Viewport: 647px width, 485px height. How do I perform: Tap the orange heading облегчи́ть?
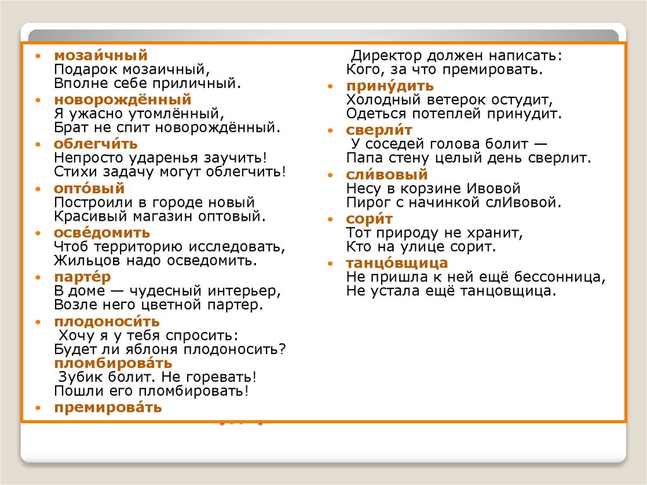pyautogui.click(x=95, y=144)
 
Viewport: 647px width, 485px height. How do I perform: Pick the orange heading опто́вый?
pyautogui.click(x=89, y=188)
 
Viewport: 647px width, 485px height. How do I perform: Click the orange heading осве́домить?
pyautogui.click(x=102, y=233)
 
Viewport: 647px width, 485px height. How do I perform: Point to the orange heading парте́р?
pyautogui.click(x=82, y=277)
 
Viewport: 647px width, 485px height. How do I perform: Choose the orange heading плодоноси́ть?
pyautogui.click(x=106, y=321)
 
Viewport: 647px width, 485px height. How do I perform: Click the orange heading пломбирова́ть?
pyautogui.click(x=112, y=364)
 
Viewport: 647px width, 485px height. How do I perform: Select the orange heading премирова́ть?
pyautogui.click(x=107, y=408)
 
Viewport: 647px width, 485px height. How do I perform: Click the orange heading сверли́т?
pyautogui.click(x=379, y=130)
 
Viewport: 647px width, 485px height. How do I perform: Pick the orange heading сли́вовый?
pyautogui.click(x=387, y=175)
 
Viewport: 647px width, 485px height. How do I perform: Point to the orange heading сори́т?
pyautogui.click(x=369, y=219)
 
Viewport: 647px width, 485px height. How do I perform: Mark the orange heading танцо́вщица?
pyautogui.click(x=397, y=263)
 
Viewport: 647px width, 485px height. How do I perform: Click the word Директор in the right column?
pyautogui.click(x=383, y=56)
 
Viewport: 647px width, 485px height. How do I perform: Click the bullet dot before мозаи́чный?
pyautogui.click(x=39, y=57)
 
